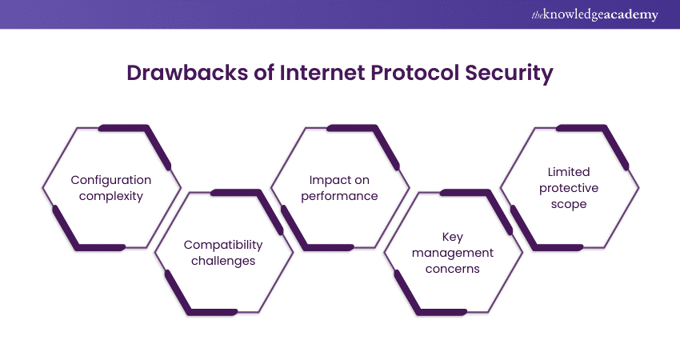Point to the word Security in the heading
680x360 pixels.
click(513, 74)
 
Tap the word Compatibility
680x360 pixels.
click(223, 245)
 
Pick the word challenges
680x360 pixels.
click(223, 261)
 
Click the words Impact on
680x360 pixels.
click(340, 180)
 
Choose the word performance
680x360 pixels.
click(340, 196)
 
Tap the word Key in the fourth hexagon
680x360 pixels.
click(453, 237)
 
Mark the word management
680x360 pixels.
click(453, 253)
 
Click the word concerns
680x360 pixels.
click(453, 269)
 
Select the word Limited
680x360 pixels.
click(569, 172)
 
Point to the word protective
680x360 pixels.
click(569, 188)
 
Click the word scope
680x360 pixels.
click(569, 204)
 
